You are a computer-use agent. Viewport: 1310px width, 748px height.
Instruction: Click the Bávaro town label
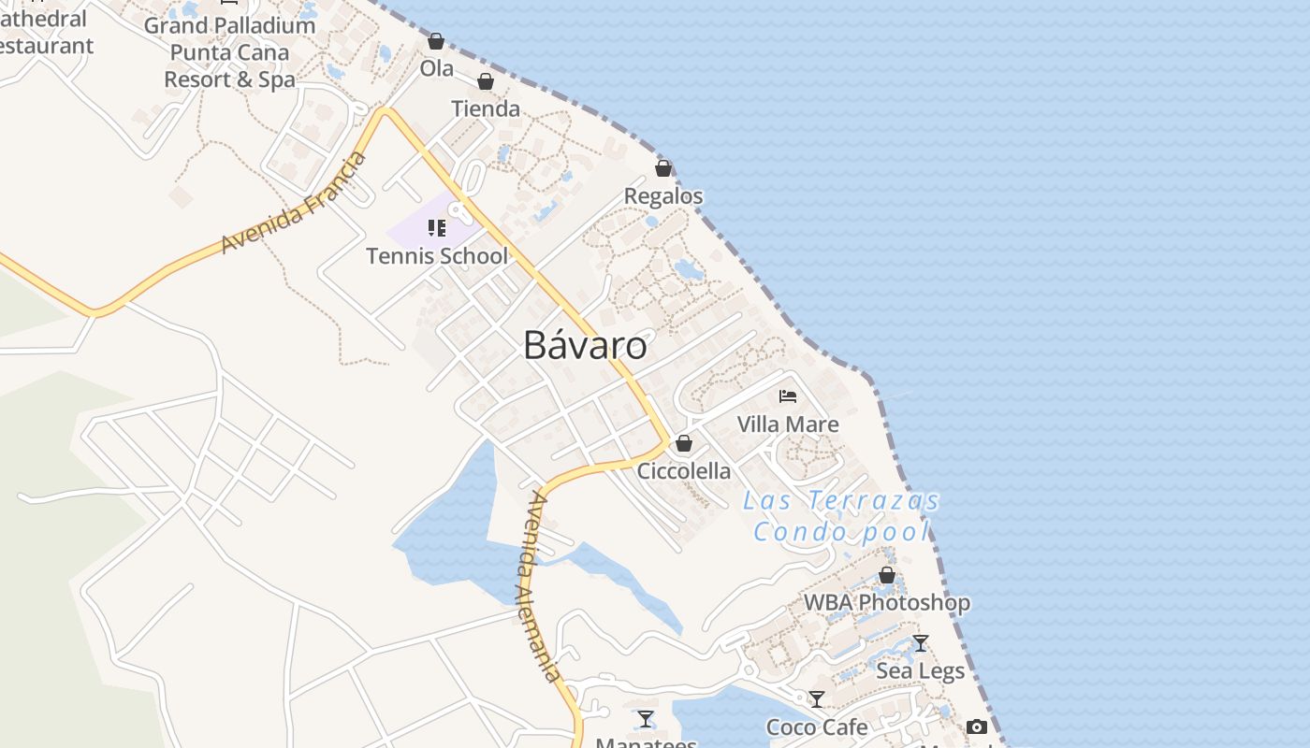(585, 345)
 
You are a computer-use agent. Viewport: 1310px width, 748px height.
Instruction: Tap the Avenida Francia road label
(294, 203)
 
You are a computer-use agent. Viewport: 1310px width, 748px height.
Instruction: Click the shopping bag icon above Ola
(436, 41)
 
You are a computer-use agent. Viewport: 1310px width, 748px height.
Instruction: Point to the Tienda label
(486, 108)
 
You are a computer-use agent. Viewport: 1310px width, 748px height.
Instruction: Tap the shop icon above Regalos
(663, 168)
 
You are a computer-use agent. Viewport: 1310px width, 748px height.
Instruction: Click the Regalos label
(663, 196)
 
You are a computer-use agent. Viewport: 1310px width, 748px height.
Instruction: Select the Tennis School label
(437, 256)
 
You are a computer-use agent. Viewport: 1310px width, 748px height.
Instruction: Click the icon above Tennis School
(436, 228)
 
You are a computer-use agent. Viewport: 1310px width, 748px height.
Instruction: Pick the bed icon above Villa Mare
(788, 396)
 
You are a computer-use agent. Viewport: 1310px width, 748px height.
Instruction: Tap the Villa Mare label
(788, 424)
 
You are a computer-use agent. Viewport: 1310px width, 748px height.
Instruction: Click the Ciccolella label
(684, 471)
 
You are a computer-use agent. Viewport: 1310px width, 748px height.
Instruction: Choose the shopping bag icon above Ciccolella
(684, 443)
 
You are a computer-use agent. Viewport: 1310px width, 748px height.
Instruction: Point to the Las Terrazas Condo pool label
(842, 516)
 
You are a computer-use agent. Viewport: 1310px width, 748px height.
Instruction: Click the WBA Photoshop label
(887, 603)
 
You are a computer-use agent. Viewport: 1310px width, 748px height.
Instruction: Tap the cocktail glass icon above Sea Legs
(921, 643)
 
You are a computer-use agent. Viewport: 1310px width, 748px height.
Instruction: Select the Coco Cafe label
(817, 727)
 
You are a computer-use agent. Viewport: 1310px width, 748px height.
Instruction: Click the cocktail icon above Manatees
(646, 719)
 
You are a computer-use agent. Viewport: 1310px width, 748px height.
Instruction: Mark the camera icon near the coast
(977, 726)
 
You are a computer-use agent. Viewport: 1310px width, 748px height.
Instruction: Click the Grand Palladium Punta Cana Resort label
(229, 52)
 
